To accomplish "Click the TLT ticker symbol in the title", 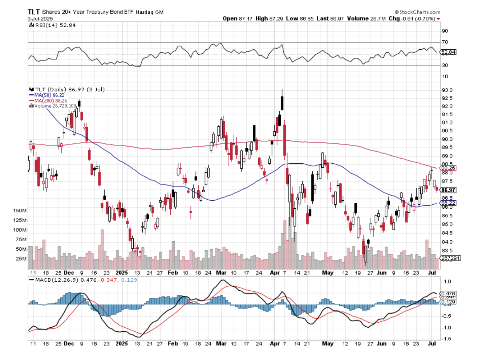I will (x=34, y=12).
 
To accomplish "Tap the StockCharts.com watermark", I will (x=417, y=12).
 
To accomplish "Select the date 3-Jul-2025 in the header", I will (x=40, y=19).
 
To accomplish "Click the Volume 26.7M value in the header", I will (x=366, y=19).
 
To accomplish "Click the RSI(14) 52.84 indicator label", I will (x=55, y=25).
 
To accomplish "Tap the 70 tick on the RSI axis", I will (x=445, y=42).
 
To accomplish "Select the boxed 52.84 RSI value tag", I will (x=448, y=52).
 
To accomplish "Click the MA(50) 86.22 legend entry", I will (x=49, y=95).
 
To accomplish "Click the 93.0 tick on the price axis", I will (x=447, y=90).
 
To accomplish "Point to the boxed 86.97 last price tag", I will (x=448, y=190).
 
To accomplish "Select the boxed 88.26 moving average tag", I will (x=448, y=168).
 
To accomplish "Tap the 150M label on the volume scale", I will (x=20, y=211).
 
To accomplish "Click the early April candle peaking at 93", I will (x=282, y=100).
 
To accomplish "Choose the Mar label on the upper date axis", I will (x=221, y=273).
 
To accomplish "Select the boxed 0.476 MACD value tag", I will (x=448, y=293).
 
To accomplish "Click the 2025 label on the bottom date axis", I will (x=122, y=343).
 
